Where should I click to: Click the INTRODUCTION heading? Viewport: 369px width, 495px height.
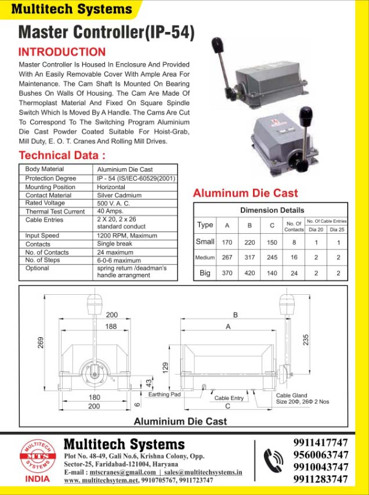coord(62,52)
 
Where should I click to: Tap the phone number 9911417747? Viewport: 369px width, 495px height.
coord(320,443)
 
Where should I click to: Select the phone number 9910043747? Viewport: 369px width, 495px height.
coord(320,467)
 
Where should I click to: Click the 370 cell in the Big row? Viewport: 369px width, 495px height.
coord(227,273)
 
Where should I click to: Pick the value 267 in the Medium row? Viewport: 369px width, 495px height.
coord(227,257)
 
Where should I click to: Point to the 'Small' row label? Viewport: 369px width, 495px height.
coord(205,241)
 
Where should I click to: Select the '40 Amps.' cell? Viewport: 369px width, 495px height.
coord(110,212)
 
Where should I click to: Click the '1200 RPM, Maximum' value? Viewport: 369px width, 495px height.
coord(126,236)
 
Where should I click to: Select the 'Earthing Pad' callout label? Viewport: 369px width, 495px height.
coord(164,395)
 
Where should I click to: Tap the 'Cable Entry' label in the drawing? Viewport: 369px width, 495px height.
coord(229,399)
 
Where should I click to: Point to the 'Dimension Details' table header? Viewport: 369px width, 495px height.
coord(272,210)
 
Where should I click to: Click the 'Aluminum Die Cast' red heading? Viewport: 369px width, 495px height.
coord(245,193)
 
